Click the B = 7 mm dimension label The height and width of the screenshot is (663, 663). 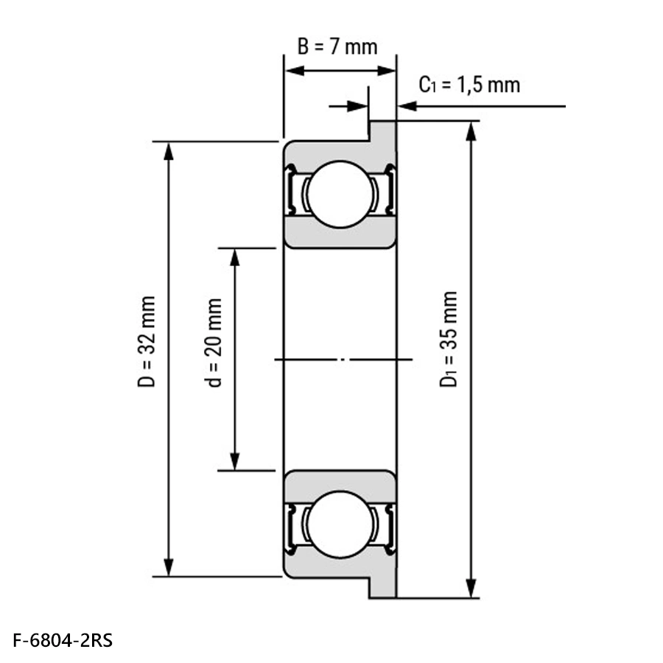point(337,46)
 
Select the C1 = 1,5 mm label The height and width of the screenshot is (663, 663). point(469,85)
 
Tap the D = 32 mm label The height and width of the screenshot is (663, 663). point(147,342)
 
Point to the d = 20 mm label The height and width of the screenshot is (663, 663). point(214,343)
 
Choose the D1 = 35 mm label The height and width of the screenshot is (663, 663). point(448,339)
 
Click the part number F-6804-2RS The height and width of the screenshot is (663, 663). point(63,641)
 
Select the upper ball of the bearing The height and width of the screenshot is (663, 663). point(340,194)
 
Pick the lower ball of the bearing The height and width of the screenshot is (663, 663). point(340,525)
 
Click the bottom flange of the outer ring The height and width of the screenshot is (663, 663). point(382,587)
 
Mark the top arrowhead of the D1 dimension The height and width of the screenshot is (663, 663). point(471,131)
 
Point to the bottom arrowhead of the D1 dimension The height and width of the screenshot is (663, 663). point(471,588)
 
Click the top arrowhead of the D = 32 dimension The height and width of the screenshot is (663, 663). point(169,151)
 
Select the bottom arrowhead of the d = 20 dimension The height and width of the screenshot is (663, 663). point(235,461)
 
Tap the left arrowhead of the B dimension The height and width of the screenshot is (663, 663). point(295,71)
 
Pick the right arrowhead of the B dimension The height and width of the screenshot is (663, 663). point(386,71)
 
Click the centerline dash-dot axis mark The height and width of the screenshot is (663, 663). point(343,359)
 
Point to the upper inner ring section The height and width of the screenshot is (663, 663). point(340,234)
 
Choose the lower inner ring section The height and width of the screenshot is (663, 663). point(340,485)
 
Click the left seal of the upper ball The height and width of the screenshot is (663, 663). point(290,189)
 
